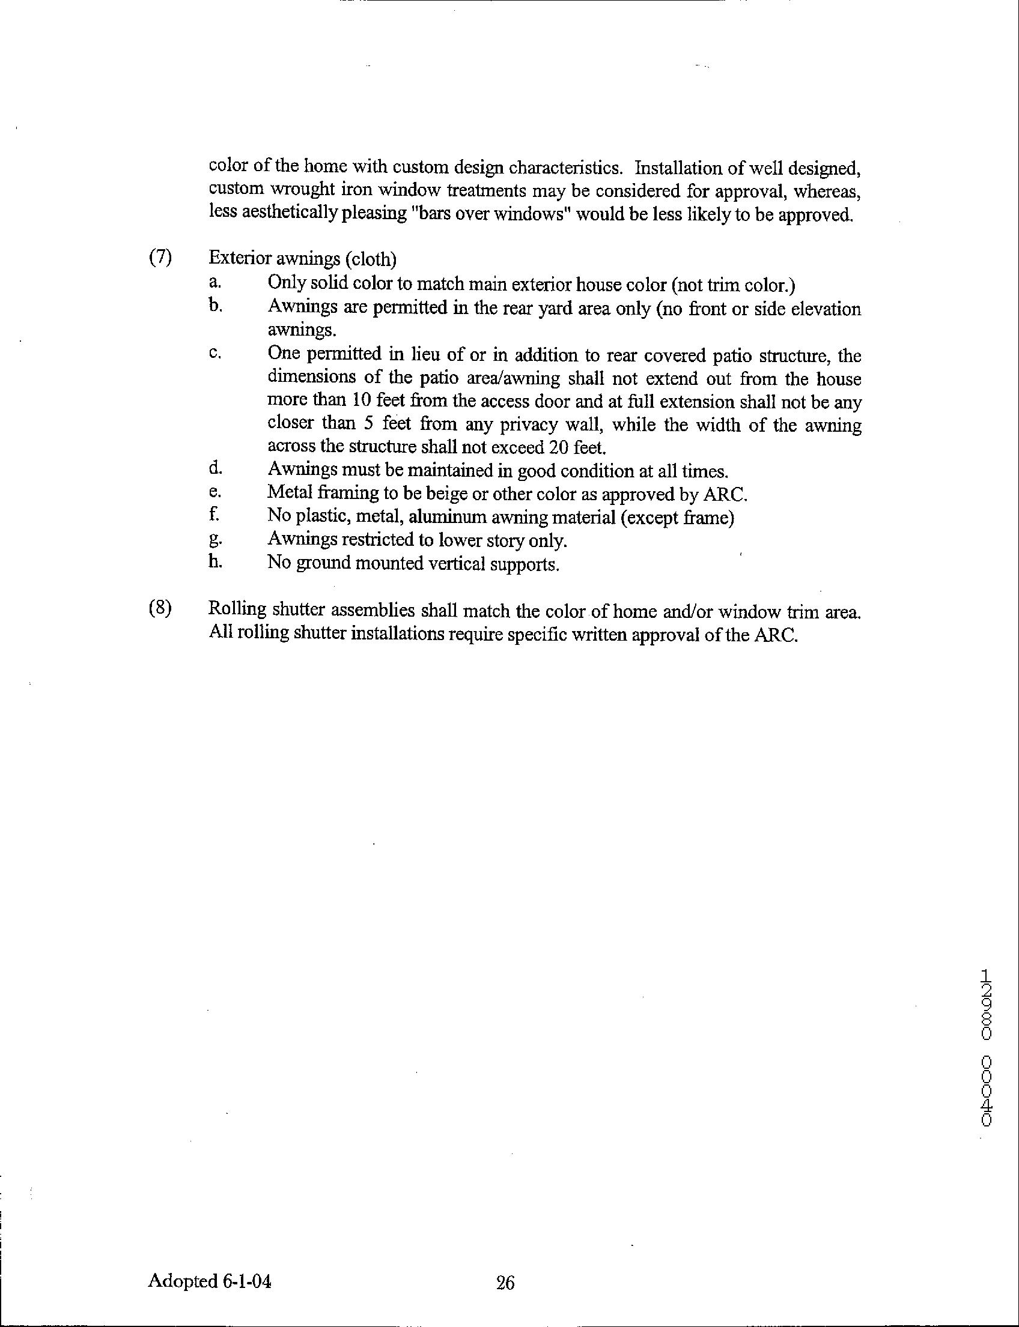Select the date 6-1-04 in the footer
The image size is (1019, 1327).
point(247,1281)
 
